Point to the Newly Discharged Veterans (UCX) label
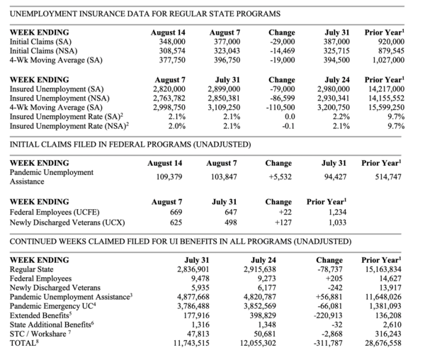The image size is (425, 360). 64,221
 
